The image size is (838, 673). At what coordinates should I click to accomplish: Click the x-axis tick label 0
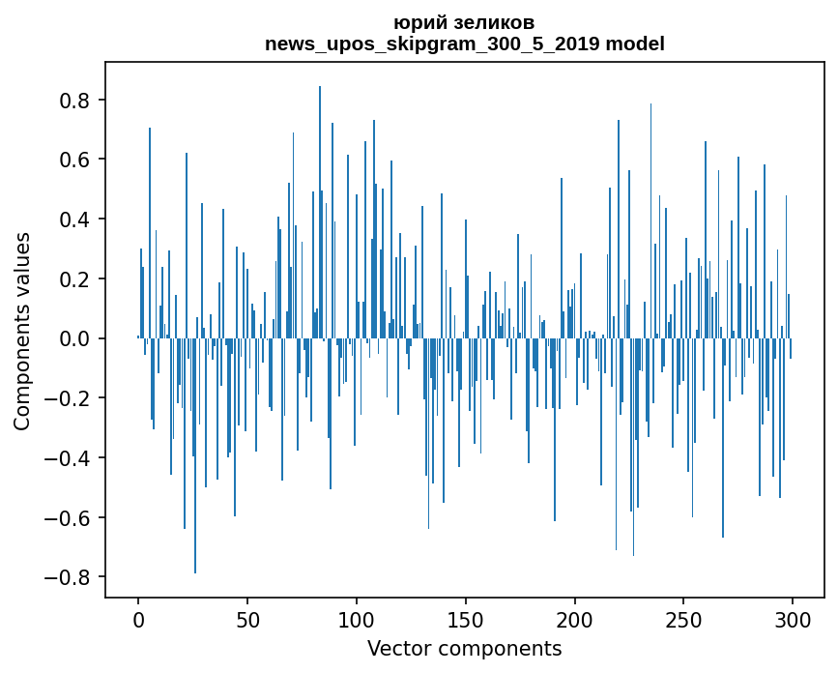point(138,619)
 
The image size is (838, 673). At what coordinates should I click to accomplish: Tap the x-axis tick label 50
point(247,619)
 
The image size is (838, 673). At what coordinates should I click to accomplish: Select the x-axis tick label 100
point(357,619)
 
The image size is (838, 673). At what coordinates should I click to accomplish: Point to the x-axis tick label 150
point(466,619)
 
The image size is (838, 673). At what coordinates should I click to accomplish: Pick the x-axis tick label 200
point(575,619)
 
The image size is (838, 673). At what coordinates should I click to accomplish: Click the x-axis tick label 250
point(684,619)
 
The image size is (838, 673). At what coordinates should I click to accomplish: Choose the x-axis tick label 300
point(794,619)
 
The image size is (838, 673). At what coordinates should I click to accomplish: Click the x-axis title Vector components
point(464,648)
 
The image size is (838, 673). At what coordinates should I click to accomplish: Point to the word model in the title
point(635,44)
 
